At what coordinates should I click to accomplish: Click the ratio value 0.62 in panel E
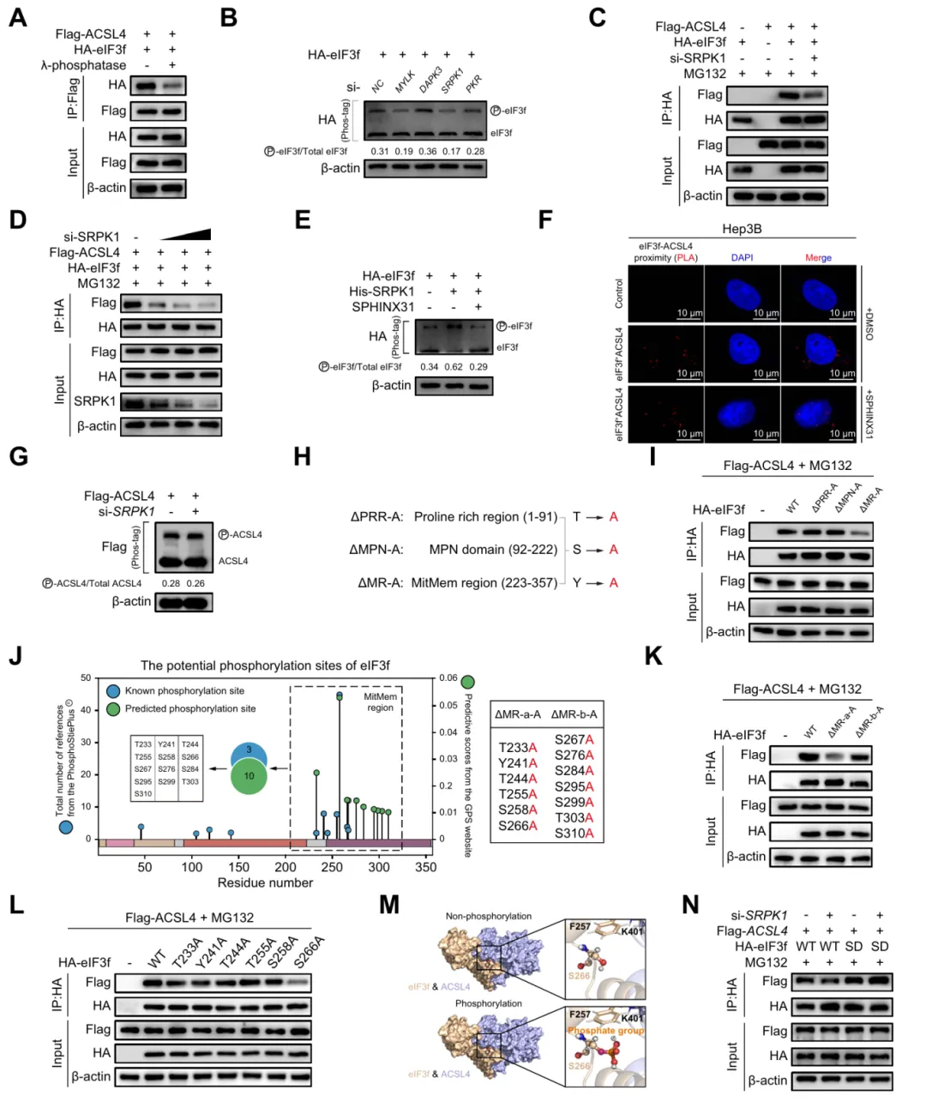[454, 366]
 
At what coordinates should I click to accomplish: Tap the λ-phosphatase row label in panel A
[83, 65]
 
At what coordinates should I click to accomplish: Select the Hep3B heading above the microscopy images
[742, 229]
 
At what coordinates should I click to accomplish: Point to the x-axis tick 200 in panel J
[286, 867]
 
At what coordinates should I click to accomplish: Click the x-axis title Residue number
[265, 882]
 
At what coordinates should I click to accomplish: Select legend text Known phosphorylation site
[184, 690]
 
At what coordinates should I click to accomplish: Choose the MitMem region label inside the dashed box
[380, 702]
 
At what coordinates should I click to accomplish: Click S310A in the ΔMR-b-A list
[574, 833]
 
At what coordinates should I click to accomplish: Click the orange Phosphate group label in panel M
[605, 1030]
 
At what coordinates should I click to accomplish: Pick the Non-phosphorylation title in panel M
[488, 916]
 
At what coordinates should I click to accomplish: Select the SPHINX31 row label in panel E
[383, 307]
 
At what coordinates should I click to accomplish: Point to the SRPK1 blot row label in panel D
[94, 400]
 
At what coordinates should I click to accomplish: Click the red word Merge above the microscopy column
[818, 257]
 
